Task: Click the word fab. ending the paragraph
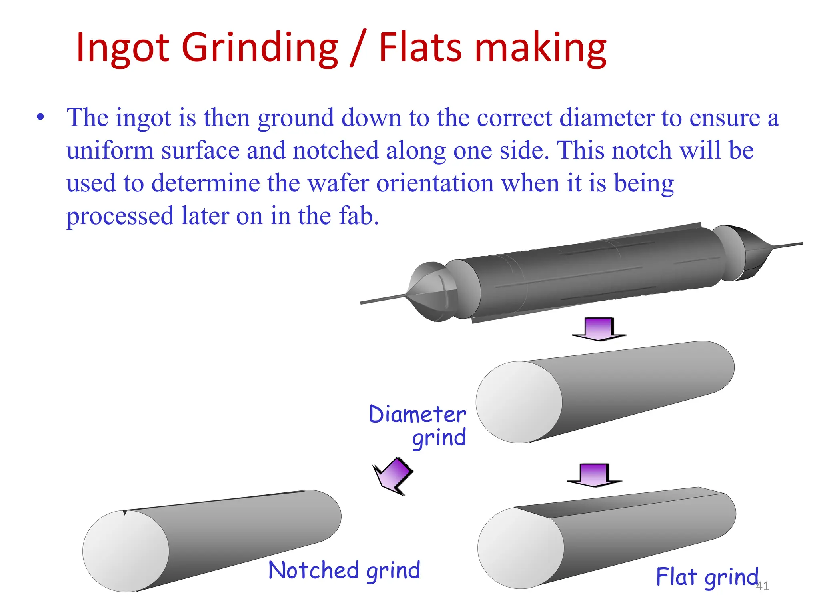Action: (358, 216)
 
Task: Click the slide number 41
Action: (762, 586)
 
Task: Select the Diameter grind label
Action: (418, 425)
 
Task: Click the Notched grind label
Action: (344, 570)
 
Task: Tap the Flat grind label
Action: (707, 577)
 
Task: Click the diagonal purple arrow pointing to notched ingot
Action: (392, 476)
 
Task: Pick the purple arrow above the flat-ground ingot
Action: (594, 475)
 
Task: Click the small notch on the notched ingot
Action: (125, 512)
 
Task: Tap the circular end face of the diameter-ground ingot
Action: (519, 402)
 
